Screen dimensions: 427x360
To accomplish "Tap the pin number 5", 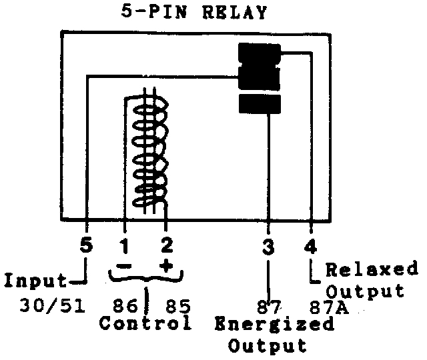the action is tap(85, 245).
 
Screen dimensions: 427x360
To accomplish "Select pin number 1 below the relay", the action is tap(124, 245).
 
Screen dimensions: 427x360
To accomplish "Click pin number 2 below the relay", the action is tap(166, 245).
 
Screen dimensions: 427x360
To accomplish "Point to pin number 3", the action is tap(268, 245).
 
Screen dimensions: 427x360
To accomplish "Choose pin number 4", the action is tap(311, 245).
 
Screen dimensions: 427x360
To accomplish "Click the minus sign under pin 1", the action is tap(125, 267).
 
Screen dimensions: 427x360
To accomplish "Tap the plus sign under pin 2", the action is tap(166, 267).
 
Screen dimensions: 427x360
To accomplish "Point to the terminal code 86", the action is tap(122, 307).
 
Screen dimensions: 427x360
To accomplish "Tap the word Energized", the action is tap(274, 325).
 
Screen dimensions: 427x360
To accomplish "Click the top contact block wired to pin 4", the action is tap(259, 53).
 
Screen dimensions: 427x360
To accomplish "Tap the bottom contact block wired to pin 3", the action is tap(260, 104).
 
